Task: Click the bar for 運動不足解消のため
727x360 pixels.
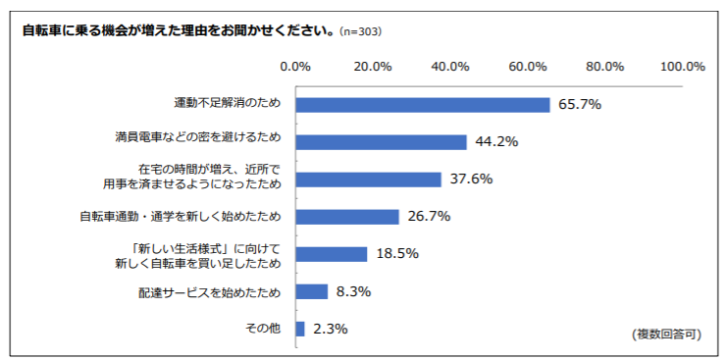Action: (x=422, y=105)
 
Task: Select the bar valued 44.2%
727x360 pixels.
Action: (x=381, y=142)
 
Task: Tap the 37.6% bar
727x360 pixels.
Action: (x=368, y=180)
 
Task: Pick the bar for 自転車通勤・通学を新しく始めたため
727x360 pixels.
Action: (x=346, y=217)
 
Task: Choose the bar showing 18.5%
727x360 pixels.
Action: (x=331, y=254)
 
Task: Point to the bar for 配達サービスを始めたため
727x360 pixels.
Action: (x=311, y=291)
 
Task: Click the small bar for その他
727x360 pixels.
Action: (x=299, y=329)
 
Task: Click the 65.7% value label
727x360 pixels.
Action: (x=579, y=105)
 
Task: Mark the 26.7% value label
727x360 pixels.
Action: (x=429, y=217)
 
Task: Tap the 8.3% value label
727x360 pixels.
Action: (x=352, y=291)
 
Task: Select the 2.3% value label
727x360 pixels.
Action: (x=330, y=329)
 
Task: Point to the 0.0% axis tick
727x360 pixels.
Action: (x=295, y=67)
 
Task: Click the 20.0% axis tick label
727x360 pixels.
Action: (x=373, y=67)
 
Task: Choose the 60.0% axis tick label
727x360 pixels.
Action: (x=528, y=67)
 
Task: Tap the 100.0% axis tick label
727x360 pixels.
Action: (x=683, y=67)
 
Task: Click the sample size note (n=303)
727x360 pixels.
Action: (x=360, y=31)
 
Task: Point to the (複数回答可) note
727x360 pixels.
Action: (x=667, y=334)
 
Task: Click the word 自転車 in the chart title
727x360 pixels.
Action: (x=42, y=30)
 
